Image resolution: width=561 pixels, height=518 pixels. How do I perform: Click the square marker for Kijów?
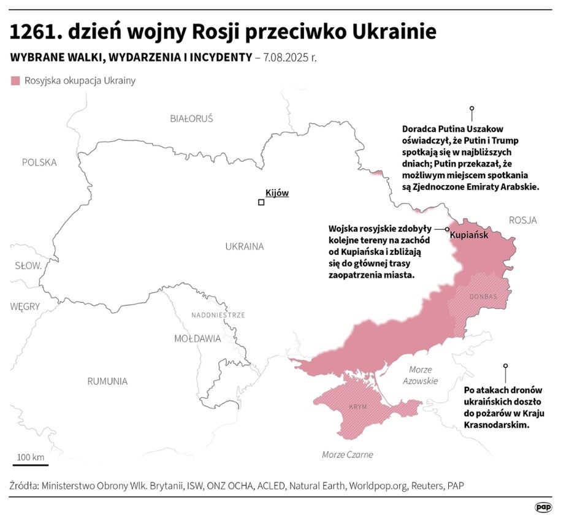click(x=261, y=202)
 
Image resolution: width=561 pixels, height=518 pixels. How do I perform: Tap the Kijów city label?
click(x=277, y=192)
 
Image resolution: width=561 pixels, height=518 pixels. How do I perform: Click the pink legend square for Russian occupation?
click(x=15, y=80)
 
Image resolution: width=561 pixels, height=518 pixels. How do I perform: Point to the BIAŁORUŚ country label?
click(x=191, y=118)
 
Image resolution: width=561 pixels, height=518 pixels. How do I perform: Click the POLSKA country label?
click(x=39, y=162)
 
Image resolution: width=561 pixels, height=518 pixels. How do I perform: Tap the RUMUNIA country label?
click(x=107, y=381)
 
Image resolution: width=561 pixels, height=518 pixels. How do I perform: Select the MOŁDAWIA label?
click(x=197, y=338)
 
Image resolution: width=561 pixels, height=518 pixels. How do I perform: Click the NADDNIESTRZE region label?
click(x=218, y=315)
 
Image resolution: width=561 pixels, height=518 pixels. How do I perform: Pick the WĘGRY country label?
click(x=25, y=306)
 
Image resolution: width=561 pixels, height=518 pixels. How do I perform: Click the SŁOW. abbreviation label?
click(x=28, y=266)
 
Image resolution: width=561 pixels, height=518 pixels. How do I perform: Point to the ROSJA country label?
click(x=522, y=220)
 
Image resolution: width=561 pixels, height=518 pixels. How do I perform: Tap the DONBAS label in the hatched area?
click(x=483, y=297)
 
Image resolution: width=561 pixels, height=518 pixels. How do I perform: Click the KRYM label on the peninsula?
click(x=357, y=407)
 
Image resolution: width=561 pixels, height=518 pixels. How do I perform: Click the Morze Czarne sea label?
click(x=347, y=454)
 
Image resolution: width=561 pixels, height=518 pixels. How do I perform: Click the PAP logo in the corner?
click(x=543, y=506)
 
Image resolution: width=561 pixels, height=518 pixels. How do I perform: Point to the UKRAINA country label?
click(x=244, y=246)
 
